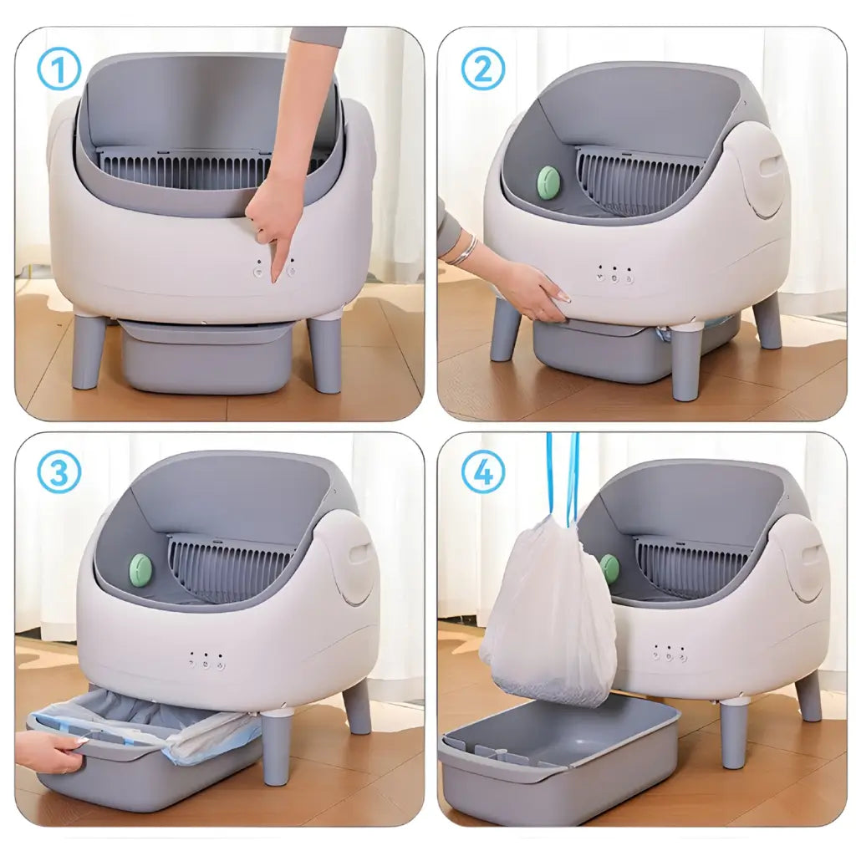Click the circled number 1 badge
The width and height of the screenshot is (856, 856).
(59, 69)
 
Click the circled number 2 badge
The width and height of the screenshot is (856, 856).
(483, 69)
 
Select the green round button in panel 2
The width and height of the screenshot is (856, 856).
(548, 182)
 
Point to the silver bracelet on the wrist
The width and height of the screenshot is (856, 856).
(465, 250)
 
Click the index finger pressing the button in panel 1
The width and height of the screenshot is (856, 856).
(275, 255)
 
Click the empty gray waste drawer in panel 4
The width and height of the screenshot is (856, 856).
(560, 757)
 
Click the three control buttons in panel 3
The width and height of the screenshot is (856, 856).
(206, 660)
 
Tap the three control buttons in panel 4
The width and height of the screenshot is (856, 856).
(668, 654)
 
